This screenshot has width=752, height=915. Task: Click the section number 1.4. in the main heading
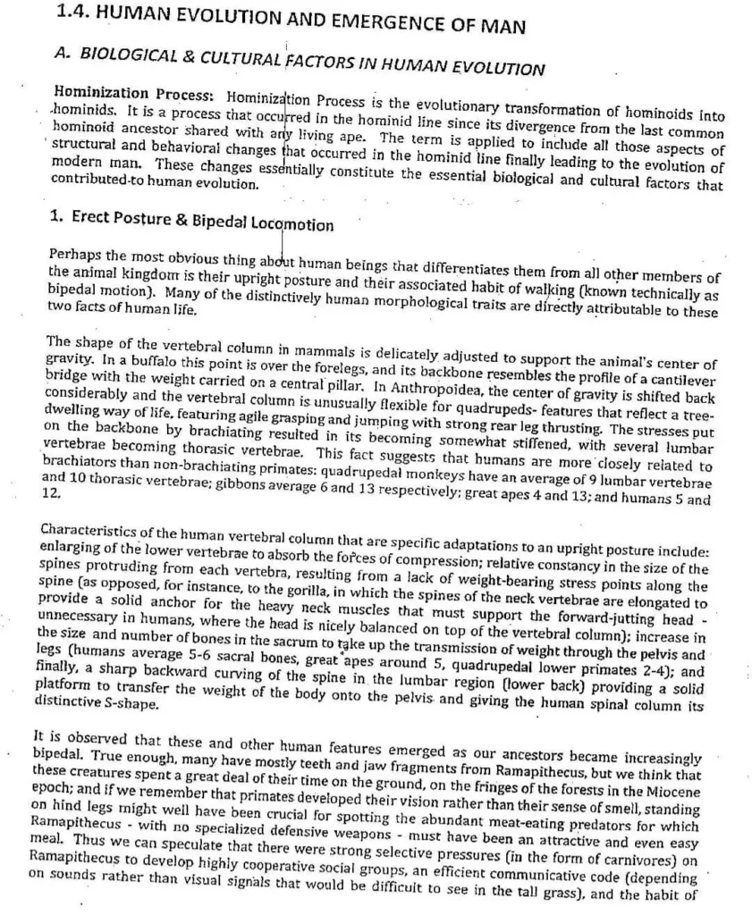coord(72,13)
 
